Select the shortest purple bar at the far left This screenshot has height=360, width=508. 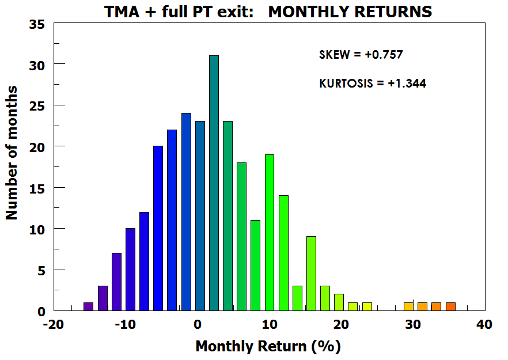(x=88, y=306)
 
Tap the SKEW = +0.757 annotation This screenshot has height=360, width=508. (x=361, y=55)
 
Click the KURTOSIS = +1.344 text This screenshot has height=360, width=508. (x=373, y=84)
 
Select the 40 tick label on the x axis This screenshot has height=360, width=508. (x=484, y=324)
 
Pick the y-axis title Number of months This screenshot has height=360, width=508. (x=12, y=153)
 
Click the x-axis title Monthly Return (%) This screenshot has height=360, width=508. (x=268, y=346)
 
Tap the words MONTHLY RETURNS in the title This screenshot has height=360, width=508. (x=350, y=11)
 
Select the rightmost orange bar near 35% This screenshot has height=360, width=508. (x=450, y=306)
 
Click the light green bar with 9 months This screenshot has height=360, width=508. (x=311, y=274)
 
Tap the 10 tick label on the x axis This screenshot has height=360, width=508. (x=268, y=324)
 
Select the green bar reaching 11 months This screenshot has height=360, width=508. (x=255, y=266)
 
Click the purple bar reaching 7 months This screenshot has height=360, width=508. (x=116, y=282)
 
